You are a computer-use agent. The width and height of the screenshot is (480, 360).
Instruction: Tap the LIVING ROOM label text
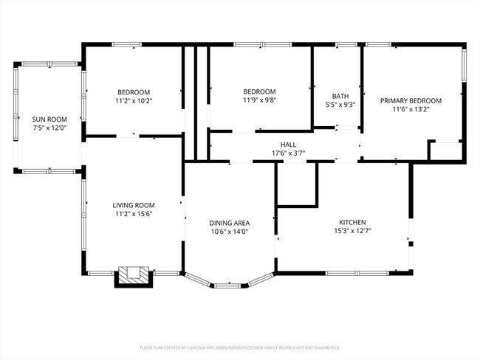click(x=133, y=205)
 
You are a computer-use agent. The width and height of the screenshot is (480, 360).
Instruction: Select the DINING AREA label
click(x=229, y=223)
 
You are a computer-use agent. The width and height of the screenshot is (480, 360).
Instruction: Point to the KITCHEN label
click(x=352, y=222)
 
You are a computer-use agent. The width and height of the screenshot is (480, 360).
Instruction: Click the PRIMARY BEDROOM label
click(x=411, y=100)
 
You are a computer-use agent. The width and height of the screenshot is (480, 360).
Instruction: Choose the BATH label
click(x=340, y=96)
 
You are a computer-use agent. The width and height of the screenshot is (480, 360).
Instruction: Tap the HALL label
click(x=288, y=145)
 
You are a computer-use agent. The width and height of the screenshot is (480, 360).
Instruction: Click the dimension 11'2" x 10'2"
click(x=134, y=100)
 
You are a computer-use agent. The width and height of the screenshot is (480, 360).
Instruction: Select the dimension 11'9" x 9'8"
click(x=260, y=100)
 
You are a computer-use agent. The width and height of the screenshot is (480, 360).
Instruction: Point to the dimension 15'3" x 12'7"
click(x=352, y=231)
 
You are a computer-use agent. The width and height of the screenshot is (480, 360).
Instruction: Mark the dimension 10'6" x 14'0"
click(x=229, y=232)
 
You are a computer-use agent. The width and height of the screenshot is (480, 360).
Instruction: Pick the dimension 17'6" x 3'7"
click(x=288, y=153)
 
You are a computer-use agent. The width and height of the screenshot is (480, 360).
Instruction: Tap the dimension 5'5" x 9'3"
click(x=340, y=105)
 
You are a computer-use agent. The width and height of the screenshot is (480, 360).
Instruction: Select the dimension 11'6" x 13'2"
click(x=411, y=109)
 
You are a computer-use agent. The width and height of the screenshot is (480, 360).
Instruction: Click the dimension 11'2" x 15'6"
click(x=133, y=214)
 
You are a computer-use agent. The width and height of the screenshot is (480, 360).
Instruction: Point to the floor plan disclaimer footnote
click(x=239, y=347)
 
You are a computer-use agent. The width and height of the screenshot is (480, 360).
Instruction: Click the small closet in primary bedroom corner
click(x=447, y=150)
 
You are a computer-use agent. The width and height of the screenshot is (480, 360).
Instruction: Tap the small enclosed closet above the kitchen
click(x=297, y=183)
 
